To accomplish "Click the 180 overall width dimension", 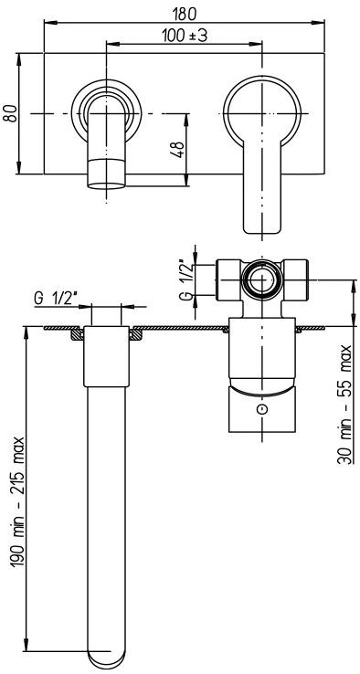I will point(184,14).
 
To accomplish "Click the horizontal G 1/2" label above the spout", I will point(58,299).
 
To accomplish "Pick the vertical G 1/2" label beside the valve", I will point(185,278).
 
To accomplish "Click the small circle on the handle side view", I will point(263,410).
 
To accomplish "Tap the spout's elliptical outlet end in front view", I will point(107,184).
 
